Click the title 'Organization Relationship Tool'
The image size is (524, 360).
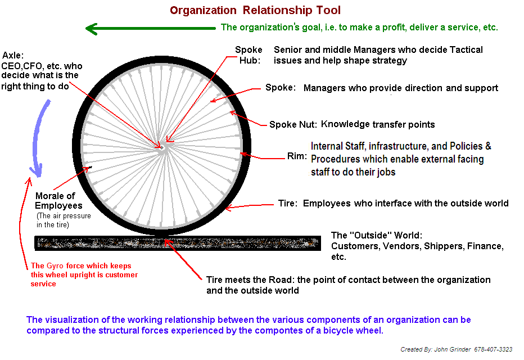pyautogui.click(x=255, y=10)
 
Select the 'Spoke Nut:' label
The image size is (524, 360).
pyautogui.click(x=293, y=125)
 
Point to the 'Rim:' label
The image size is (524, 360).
pyautogui.click(x=297, y=156)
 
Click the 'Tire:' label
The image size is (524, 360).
pyautogui.click(x=287, y=203)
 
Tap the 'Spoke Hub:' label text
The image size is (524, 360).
pyautogui.click(x=249, y=55)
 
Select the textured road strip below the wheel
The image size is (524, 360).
pyautogui.click(x=178, y=243)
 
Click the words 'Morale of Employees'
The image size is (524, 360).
pyautogui.click(x=55, y=201)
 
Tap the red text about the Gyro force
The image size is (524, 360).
pyautogui.click(x=84, y=275)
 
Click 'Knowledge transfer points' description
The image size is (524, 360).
pyautogui.click(x=378, y=124)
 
